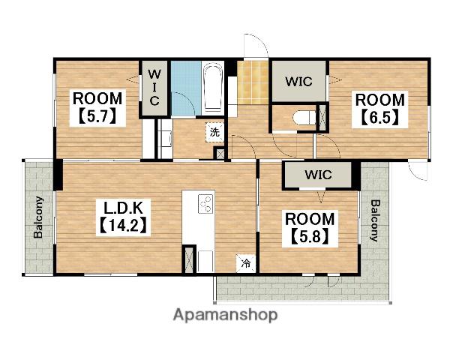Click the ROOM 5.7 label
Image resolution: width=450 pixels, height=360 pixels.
point(97,108)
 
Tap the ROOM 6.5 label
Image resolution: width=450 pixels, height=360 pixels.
point(379,109)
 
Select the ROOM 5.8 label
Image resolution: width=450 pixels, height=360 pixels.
point(310,229)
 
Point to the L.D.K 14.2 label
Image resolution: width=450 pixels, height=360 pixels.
point(124,217)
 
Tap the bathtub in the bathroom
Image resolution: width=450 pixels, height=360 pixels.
point(213,88)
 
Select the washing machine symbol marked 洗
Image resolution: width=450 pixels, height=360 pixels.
point(214,132)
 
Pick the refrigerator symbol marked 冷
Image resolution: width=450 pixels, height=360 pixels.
point(246,263)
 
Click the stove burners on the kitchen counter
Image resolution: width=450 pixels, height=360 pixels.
point(205,203)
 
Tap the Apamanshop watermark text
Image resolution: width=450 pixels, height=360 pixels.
point(225,316)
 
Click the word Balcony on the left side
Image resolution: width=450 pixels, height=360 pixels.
point(38,217)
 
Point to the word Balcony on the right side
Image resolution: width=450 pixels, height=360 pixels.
point(375,220)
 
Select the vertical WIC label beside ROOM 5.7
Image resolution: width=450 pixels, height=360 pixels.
point(154,88)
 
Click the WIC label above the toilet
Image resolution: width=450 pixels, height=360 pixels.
point(298,82)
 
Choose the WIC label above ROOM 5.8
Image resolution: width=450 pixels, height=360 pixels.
point(318,174)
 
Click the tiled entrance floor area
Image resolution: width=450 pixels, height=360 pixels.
point(253,82)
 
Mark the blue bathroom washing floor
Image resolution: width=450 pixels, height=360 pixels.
point(186,88)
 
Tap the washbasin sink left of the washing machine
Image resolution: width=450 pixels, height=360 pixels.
point(165,139)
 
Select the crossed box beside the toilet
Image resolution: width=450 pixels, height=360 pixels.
point(322,118)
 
